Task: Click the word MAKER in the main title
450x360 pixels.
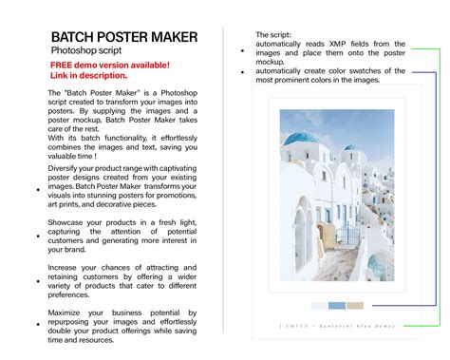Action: (172, 37)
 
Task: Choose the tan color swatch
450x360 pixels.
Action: (355, 306)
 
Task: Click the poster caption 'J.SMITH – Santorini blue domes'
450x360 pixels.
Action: (337, 325)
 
